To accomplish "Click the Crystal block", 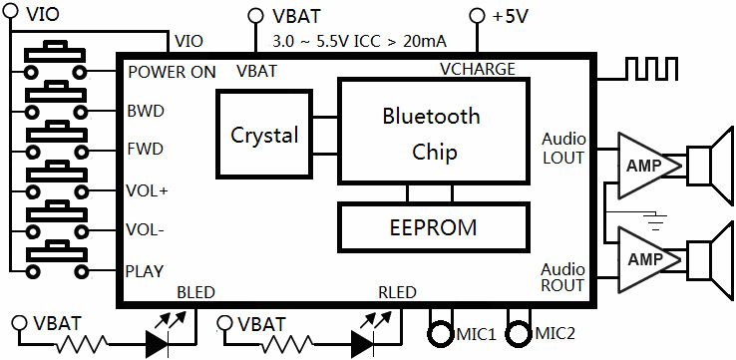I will (x=264, y=134).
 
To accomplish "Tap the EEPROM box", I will (x=432, y=226).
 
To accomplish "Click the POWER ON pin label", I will (x=172, y=72).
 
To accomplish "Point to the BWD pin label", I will (x=146, y=111).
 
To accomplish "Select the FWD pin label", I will (x=146, y=150).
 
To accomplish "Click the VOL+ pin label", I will (x=148, y=189).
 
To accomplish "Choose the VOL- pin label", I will (x=146, y=229).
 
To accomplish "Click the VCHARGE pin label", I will (x=478, y=69).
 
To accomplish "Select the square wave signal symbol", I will (x=661, y=69).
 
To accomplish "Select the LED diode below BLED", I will (x=161, y=342).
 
